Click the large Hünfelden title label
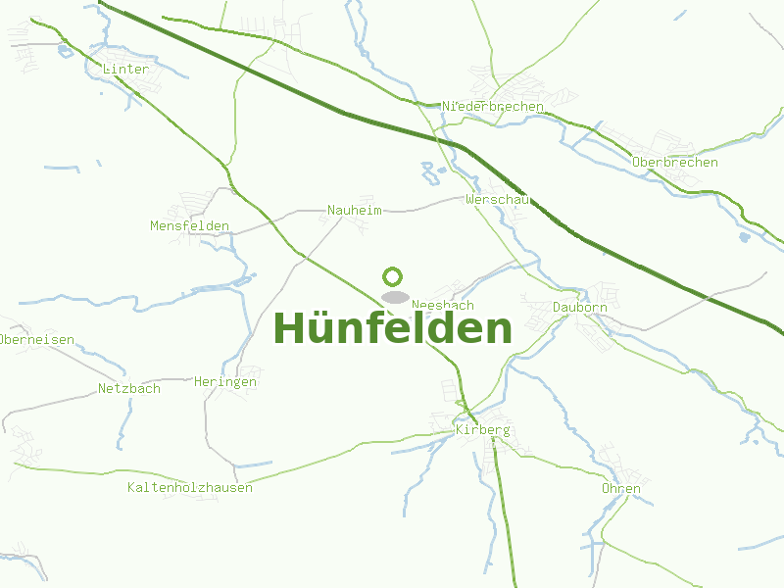click(392, 328)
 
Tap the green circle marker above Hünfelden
click(393, 276)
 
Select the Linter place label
click(125, 70)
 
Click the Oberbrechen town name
click(675, 163)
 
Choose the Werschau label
click(498, 200)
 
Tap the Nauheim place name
click(355, 210)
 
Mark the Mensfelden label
click(189, 226)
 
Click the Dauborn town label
click(580, 308)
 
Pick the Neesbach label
click(443, 306)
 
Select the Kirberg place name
click(483, 430)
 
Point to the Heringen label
click(225, 382)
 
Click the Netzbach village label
click(129, 389)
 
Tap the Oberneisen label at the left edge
click(37, 340)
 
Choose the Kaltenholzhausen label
click(190, 488)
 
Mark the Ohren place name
click(621, 489)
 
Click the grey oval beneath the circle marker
click(395, 297)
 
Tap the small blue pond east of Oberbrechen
click(745, 236)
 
